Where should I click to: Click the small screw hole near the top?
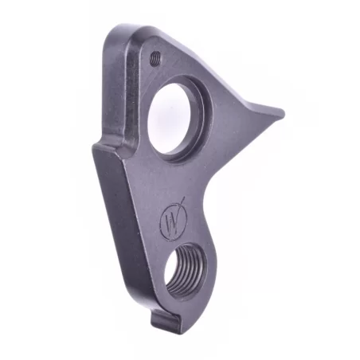tap(155, 57)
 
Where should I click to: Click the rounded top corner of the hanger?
tap(127, 32)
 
